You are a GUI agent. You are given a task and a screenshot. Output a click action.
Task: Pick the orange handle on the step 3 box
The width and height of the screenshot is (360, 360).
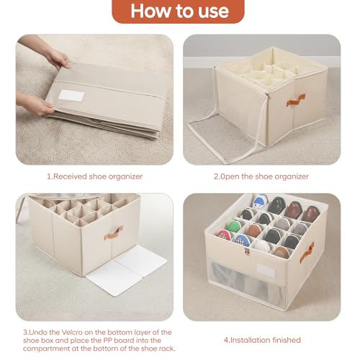pos(113,233)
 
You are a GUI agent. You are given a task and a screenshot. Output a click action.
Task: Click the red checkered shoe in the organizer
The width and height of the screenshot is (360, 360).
pos(225,235)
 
